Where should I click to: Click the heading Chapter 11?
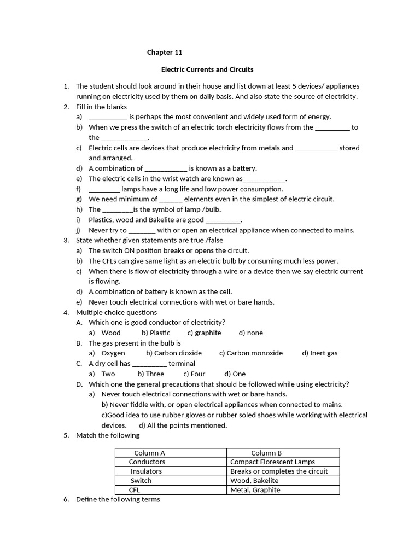click(164, 53)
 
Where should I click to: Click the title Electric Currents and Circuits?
click(207, 69)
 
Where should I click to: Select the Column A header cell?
click(149, 453)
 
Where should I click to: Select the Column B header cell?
click(266, 453)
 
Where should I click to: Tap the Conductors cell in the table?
click(147, 462)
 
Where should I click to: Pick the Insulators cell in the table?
click(146, 471)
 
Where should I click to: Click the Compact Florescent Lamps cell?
click(272, 462)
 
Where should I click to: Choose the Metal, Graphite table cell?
click(255, 490)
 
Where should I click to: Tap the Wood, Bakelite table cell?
click(254, 481)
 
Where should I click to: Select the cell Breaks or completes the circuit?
click(279, 471)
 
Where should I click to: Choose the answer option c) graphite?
click(204, 332)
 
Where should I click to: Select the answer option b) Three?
click(151, 374)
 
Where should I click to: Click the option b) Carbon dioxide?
click(174, 353)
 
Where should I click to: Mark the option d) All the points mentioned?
click(183, 425)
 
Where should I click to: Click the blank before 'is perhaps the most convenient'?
click(108, 117)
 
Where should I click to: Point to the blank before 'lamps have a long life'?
click(104, 189)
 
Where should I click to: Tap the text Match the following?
click(108, 435)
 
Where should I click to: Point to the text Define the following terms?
click(118, 499)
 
